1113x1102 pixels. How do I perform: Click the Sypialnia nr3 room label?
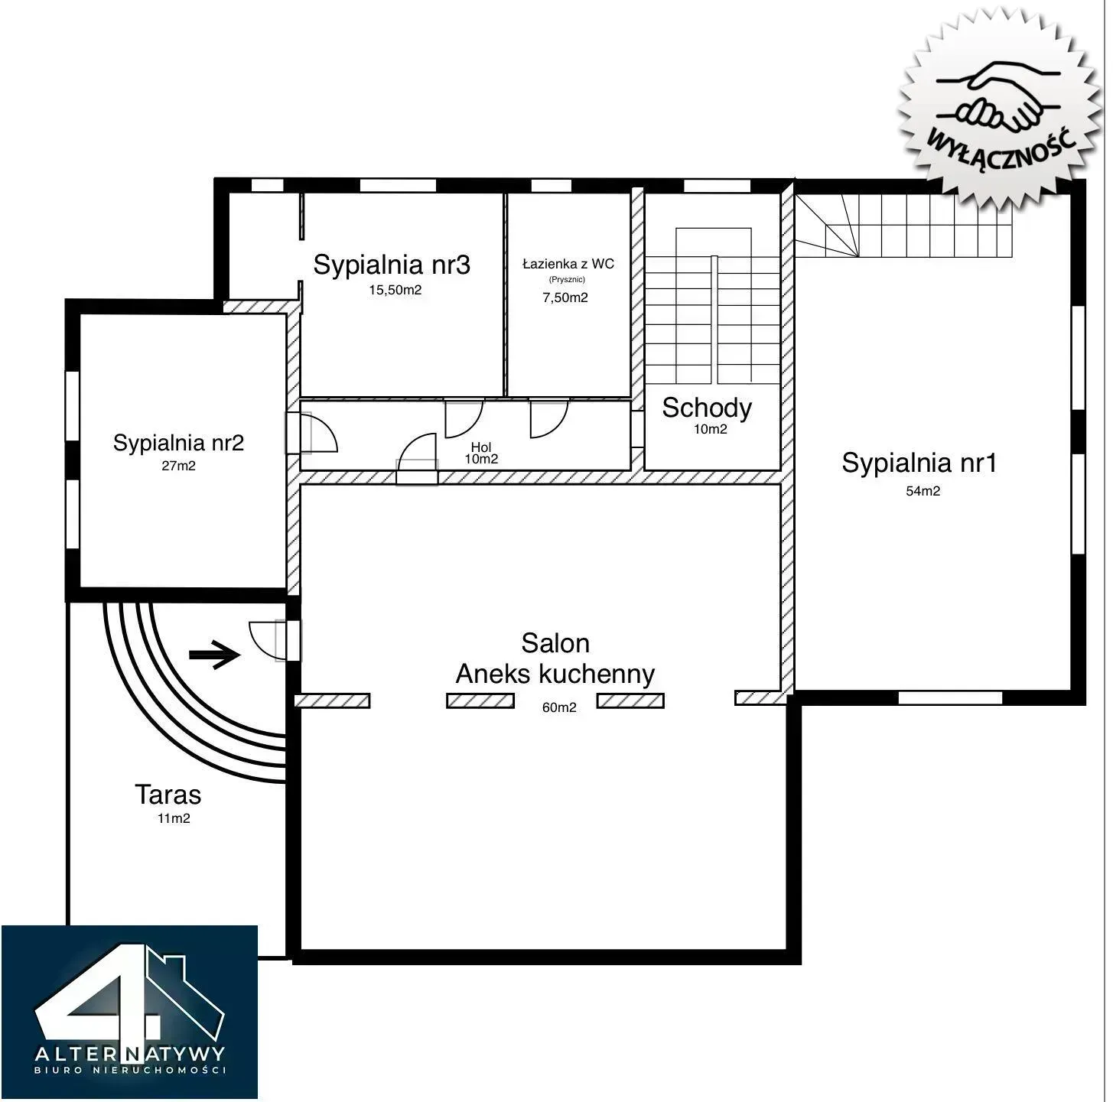point(392,265)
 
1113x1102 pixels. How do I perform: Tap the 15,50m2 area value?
point(395,290)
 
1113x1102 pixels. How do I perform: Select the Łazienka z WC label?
point(568,264)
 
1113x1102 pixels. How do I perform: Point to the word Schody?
point(707,408)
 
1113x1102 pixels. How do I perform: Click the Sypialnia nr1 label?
point(919,463)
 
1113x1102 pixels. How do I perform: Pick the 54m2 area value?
point(923,491)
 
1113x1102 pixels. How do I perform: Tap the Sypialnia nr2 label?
point(178,443)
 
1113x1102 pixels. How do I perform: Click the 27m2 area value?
point(178,466)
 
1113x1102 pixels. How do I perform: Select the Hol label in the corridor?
point(480,447)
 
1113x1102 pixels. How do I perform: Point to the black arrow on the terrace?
point(214,655)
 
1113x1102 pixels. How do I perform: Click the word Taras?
point(168,795)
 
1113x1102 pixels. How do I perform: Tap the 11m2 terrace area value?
point(174,818)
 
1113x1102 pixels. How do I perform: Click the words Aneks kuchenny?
point(555,674)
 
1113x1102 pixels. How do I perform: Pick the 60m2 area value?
point(559,707)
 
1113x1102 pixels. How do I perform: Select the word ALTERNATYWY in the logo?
point(129,1054)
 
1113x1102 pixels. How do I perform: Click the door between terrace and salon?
point(275,640)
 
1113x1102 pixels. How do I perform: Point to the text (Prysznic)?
point(567,280)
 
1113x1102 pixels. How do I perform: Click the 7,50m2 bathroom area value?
point(565,297)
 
